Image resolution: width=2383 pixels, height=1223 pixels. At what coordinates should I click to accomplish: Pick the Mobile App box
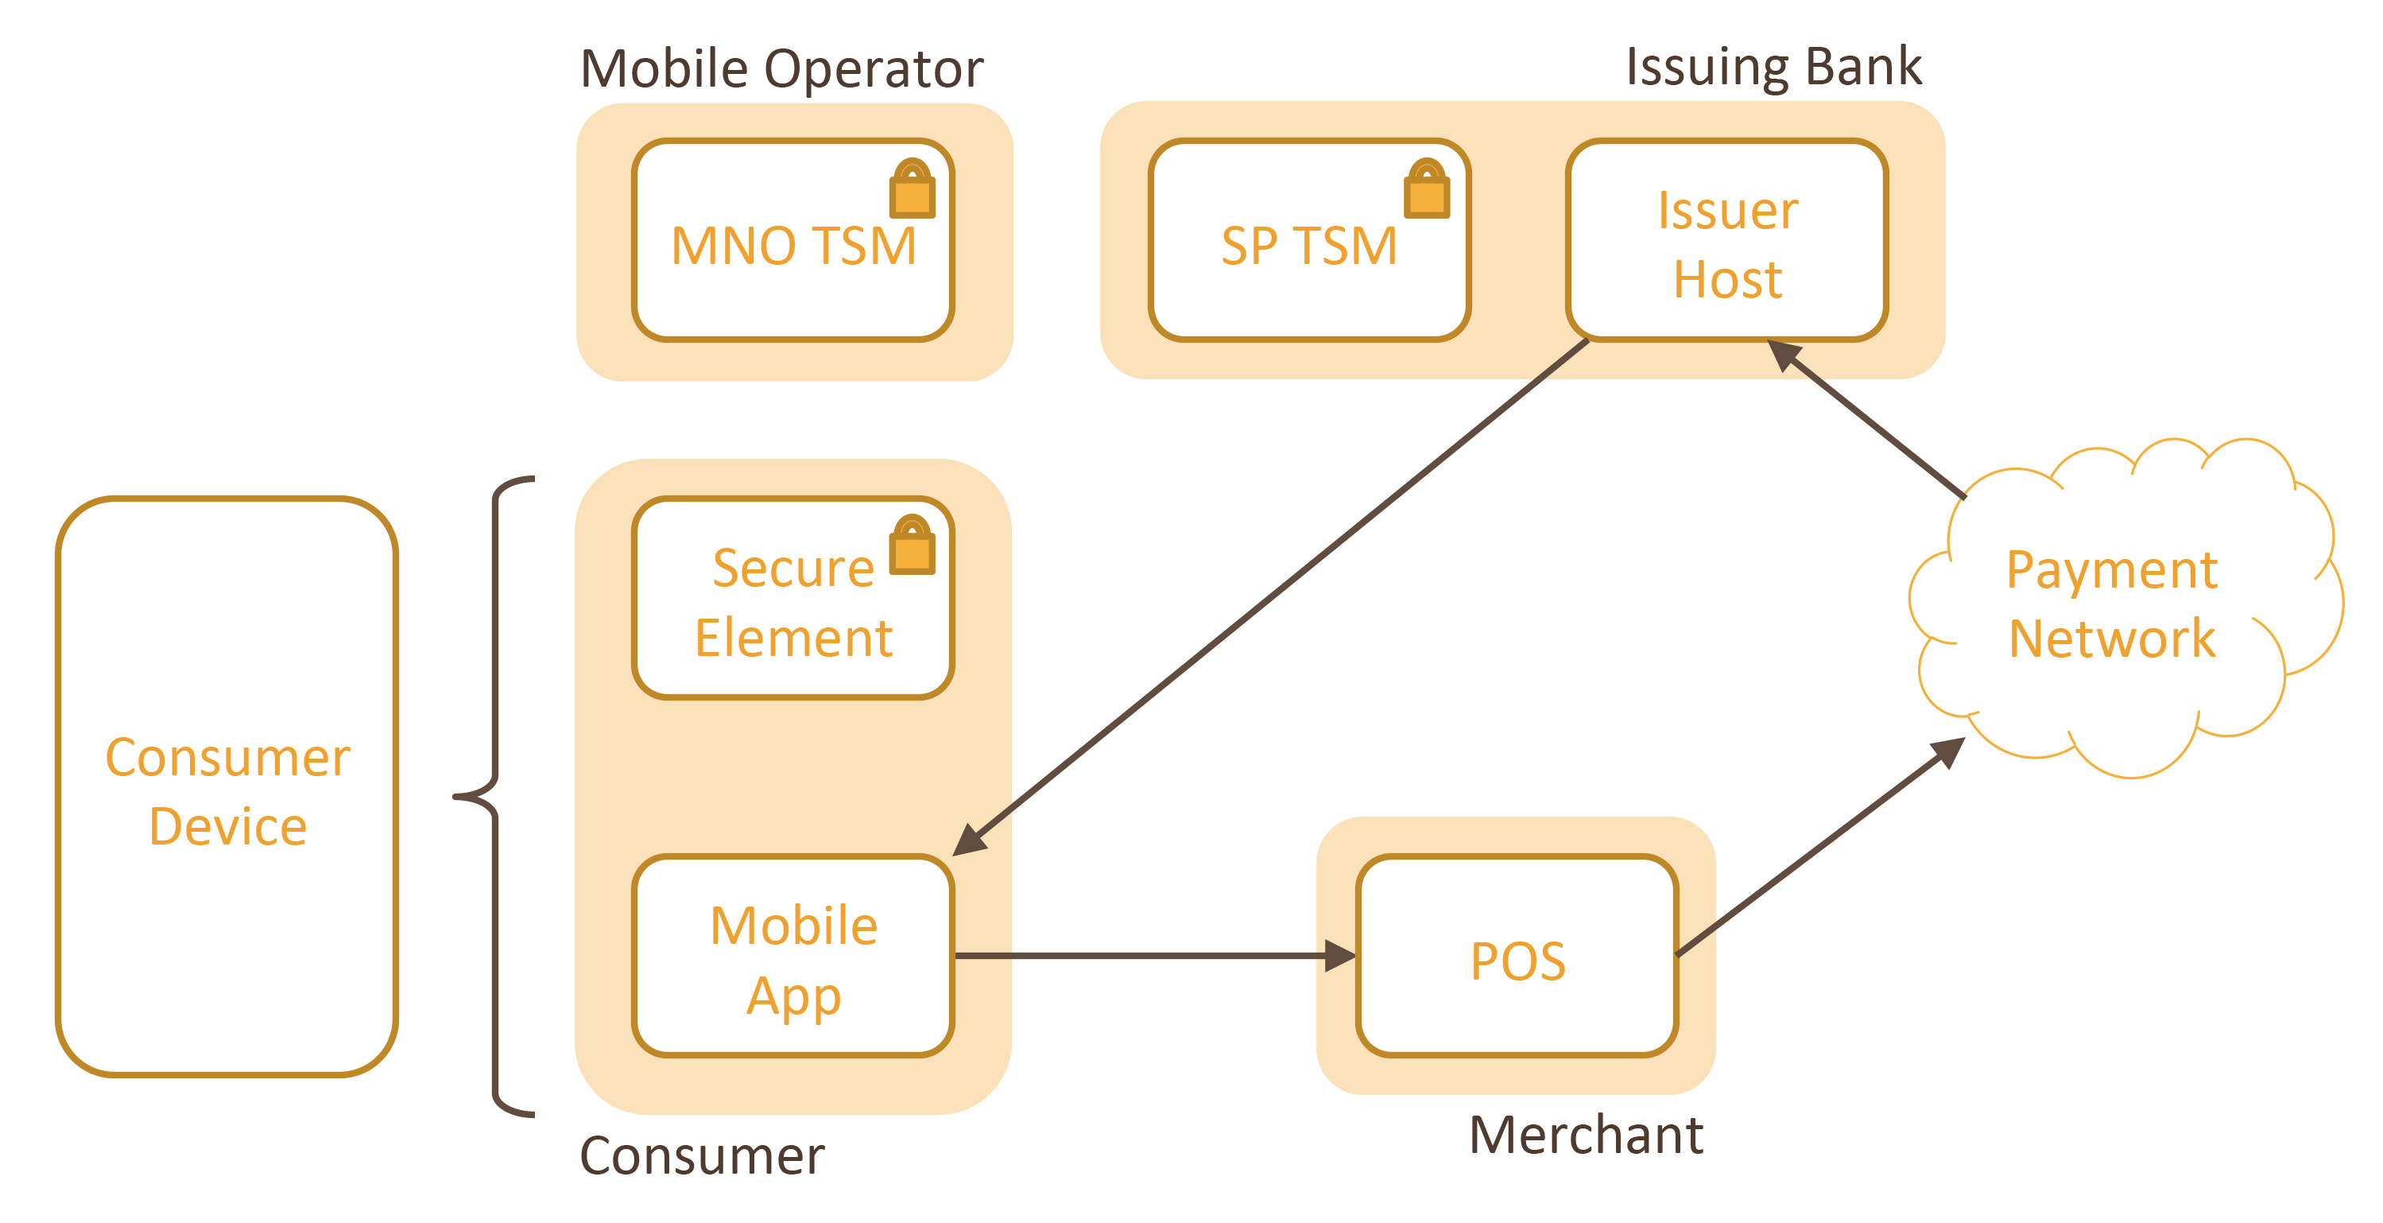(x=792, y=957)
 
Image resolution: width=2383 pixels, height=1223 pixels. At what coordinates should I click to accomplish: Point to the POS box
(x=1517, y=957)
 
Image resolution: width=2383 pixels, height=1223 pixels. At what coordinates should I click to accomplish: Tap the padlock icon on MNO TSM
(x=913, y=189)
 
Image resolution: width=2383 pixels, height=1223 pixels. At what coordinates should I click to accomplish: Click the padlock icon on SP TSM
(x=1427, y=189)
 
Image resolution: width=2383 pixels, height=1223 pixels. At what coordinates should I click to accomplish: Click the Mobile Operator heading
(x=781, y=68)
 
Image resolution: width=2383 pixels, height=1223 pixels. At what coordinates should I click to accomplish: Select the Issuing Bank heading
(x=1773, y=67)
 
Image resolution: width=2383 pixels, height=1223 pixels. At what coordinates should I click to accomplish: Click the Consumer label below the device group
(x=701, y=1156)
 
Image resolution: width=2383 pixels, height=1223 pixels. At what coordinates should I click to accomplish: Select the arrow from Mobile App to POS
(x=1147, y=956)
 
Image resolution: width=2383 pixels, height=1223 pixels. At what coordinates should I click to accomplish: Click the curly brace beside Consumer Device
(x=496, y=796)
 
